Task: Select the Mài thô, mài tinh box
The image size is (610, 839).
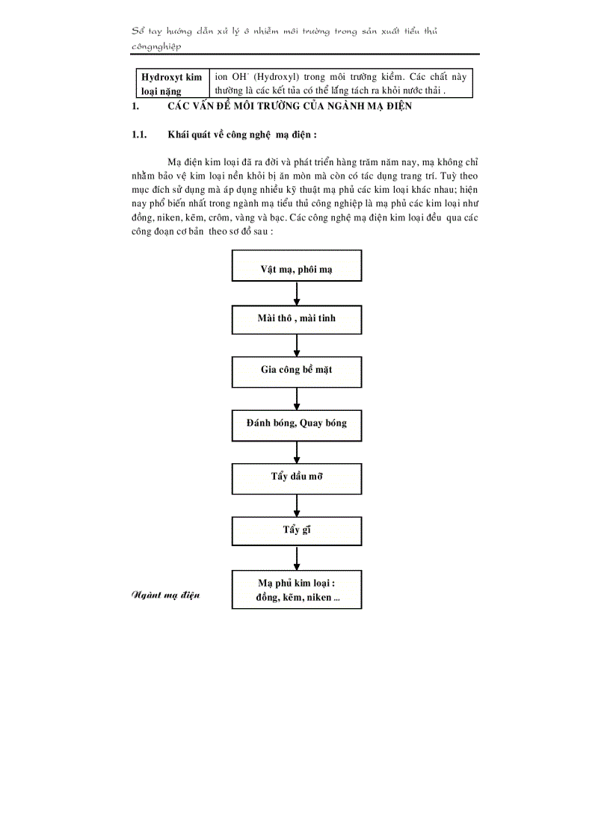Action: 297,318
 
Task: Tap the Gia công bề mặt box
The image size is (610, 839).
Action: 297,371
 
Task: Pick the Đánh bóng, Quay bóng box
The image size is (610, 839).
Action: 297,424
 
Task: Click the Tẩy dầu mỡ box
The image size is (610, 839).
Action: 297,476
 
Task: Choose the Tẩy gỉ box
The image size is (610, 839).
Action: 297,530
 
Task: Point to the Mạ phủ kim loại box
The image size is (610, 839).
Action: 297,590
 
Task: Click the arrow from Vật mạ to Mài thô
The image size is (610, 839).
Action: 297,294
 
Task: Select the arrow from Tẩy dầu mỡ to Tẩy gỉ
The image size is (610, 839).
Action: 297,503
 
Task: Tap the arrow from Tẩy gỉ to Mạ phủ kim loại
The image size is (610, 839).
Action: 297,558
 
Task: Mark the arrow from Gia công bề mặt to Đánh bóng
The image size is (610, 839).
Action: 297,397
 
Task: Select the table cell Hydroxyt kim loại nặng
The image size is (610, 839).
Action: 171,84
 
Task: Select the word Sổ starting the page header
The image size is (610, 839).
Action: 138,31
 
